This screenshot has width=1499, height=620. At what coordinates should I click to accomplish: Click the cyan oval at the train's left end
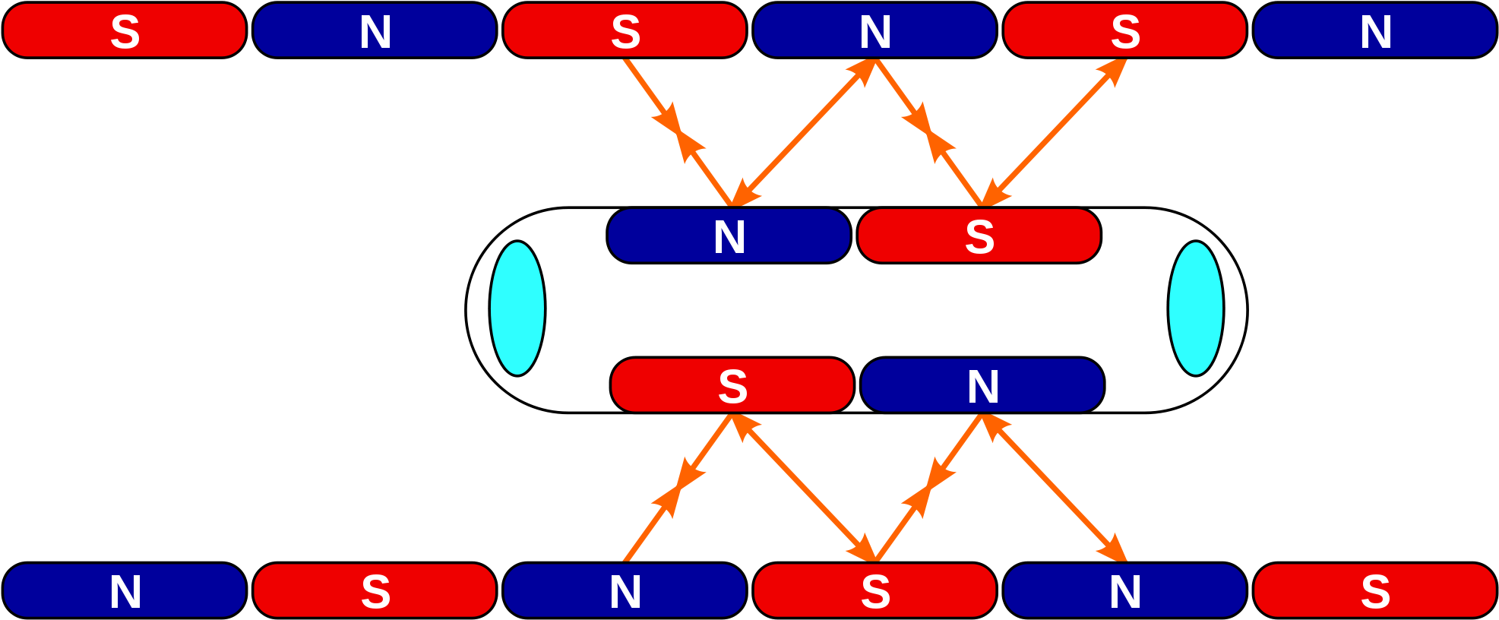517,308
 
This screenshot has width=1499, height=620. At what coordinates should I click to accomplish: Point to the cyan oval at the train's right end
1196,308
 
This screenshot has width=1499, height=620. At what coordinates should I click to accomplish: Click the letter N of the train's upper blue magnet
729,237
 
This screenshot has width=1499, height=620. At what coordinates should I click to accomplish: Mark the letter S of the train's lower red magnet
732,387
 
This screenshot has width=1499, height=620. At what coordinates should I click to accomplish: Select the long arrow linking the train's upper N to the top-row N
805,128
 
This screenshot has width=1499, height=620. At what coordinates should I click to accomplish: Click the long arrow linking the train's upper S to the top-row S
1056,128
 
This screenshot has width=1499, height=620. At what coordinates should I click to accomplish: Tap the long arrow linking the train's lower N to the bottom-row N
1054,489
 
